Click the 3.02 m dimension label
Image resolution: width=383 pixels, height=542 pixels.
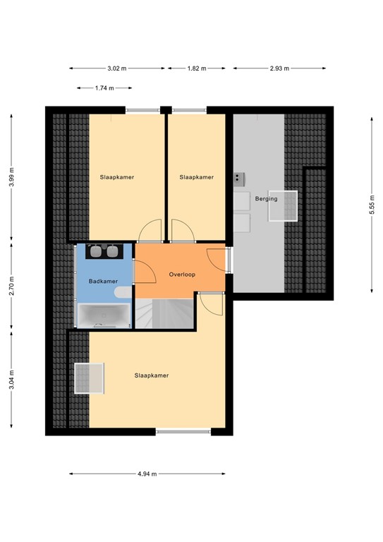point(117,68)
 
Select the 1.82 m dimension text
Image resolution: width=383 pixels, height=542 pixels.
point(196,68)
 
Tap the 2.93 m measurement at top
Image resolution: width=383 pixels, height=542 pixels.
point(279,68)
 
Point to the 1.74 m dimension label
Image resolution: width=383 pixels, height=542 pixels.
point(105,88)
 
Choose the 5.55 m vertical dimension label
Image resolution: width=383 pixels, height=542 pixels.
point(372,205)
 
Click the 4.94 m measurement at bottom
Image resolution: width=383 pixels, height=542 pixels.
point(147,474)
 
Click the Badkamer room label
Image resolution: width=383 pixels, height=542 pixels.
point(103,282)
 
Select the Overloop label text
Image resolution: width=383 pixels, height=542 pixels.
point(181,274)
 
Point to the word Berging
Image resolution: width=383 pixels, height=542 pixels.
point(267,199)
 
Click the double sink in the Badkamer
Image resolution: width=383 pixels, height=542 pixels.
point(104,251)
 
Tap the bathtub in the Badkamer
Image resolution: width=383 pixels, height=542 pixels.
point(104,315)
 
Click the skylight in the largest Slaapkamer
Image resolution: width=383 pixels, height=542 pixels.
point(89,380)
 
